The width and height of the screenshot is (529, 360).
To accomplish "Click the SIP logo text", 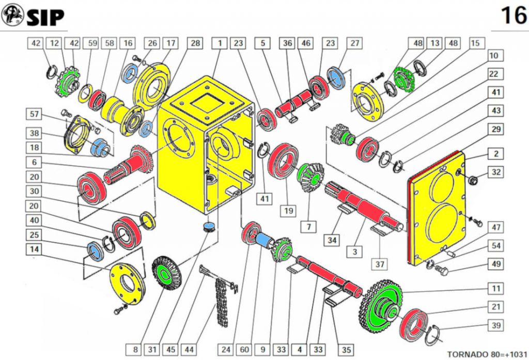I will pyautogui.click(x=45, y=17).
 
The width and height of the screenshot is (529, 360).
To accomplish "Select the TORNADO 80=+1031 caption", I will pyautogui.click(x=487, y=354).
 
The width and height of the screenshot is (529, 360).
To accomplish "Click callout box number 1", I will pyautogui.click(x=220, y=43).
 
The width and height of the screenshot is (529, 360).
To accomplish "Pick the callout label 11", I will pyautogui.click(x=495, y=289).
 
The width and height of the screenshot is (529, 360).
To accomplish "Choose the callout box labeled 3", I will pyautogui.click(x=354, y=252).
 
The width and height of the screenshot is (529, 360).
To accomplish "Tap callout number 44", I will pyautogui.click(x=190, y=349).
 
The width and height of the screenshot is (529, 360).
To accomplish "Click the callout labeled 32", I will pyautogui.click(x=495, y=172).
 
